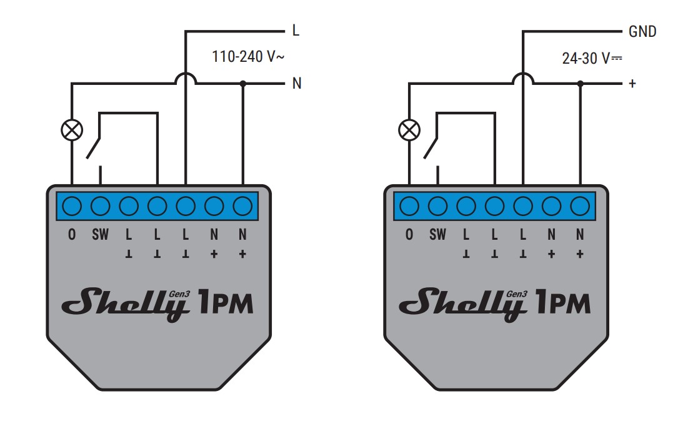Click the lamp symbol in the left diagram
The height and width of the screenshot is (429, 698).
pos(72,131)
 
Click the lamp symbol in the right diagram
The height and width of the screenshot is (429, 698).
pos(409,131)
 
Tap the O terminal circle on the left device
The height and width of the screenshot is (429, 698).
pos(72,206)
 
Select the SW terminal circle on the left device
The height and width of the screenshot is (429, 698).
pos(100,206)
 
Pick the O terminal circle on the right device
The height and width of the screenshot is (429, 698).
pos(409,206)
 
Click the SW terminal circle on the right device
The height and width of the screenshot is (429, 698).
pos(437,206)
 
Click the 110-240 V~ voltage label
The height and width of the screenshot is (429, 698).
pos(248,57)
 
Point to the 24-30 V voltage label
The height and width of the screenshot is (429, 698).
pos(592,58)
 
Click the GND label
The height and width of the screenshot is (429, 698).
pos(642,32)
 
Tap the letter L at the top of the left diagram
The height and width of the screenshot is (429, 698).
pos(296,31)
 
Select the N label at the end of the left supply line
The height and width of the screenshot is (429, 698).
pos(297,83)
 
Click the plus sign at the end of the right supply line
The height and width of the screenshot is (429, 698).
pos(632,84)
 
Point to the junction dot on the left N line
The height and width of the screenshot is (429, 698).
pos(242,84)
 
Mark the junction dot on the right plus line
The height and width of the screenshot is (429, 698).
pos(580,84)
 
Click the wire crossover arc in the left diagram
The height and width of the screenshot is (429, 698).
pos(186,74)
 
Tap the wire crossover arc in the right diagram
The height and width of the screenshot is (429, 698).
pos(523,74)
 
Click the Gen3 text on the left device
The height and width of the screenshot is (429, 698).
pos(179,294)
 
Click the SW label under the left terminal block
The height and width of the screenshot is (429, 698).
pos(100,235)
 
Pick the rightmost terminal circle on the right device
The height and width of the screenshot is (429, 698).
pos(580,206)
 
